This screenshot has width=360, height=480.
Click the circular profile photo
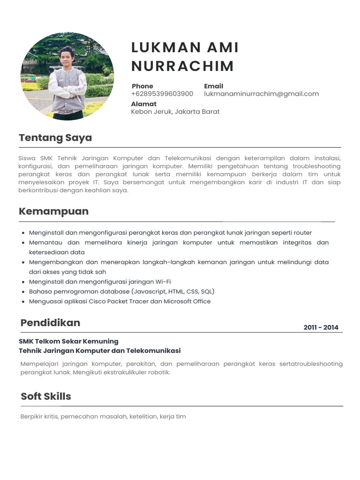click(67, 76)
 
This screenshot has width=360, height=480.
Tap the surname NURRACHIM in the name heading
click(182, 66)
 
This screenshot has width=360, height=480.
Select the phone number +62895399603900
click(162, 94)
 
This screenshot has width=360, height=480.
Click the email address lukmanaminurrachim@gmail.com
click(261, 94)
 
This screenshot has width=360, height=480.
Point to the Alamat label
click(143, 104)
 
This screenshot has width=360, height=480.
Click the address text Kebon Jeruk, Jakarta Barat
click(175, 112)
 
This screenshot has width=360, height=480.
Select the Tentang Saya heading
click(55, 138)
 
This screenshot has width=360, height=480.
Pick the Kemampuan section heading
click(53, 211)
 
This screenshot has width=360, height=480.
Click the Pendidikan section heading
click(50, 322)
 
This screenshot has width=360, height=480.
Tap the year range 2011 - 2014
click(321, 328)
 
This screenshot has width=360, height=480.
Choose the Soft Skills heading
click(46, 396)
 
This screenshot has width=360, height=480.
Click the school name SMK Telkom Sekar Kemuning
click(68, 341)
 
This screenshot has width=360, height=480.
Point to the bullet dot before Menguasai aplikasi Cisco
click(23, 301)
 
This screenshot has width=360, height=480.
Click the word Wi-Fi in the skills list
click(163, 282)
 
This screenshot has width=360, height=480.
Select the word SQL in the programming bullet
click(207, 292)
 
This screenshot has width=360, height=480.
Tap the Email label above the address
click(213, 86)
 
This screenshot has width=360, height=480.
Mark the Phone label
click(142, 86)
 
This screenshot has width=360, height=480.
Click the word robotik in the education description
click(158, 373)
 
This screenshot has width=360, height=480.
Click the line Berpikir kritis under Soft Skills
click(103, 416)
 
